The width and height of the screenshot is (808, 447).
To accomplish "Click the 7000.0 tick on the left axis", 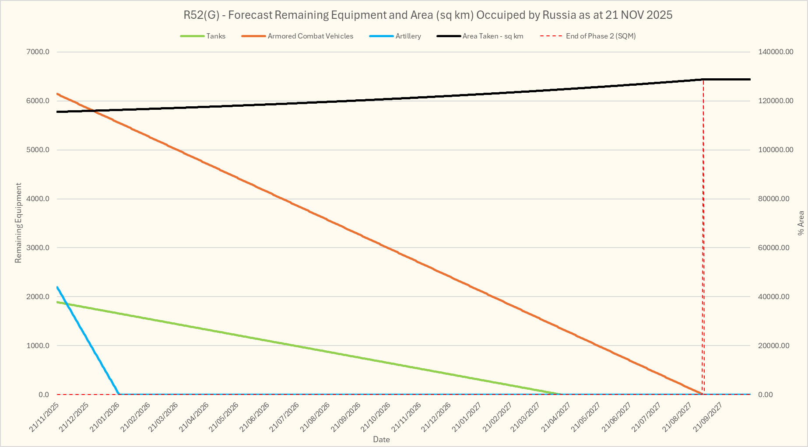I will point(38,52).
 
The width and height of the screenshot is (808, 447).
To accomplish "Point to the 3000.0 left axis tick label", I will point(38,248).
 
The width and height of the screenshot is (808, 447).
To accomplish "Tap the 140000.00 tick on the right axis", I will point(776,52).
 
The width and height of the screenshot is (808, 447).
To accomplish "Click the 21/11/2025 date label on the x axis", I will point(44,418).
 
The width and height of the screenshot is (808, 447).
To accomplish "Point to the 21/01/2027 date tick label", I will point(467,418).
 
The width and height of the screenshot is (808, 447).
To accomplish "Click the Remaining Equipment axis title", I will point(18,223).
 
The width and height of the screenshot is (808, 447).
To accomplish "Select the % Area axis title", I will point(801,223).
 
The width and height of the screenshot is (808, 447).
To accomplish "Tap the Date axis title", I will point(381,440).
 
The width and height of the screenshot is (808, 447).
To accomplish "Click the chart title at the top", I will point(428,15).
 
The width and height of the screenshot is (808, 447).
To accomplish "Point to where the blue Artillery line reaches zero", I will point(119,394).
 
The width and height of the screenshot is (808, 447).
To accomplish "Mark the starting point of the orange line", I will point(57,94).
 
